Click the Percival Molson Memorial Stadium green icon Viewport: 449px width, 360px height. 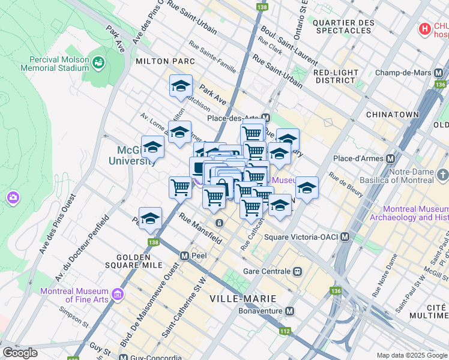(98, 61)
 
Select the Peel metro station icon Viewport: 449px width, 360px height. (185, 256)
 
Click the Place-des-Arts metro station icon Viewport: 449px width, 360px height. (265, 118)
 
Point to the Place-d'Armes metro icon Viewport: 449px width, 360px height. (390, 159)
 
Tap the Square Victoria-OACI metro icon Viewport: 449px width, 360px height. (345, 237)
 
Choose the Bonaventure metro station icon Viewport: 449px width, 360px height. (290, 311)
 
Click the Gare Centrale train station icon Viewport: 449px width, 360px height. (297, 271)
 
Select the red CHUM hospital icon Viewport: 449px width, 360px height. (425, 28)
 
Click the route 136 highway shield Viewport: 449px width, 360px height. (334, 291)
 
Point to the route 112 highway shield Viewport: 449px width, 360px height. (284, 331)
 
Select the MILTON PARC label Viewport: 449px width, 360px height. (165, 61)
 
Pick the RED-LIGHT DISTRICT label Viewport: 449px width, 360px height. (336, 76)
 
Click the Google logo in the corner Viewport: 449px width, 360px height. (20, 353)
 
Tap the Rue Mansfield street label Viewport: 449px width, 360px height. (200, 230)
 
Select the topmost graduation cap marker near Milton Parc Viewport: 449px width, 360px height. (181, 86)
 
